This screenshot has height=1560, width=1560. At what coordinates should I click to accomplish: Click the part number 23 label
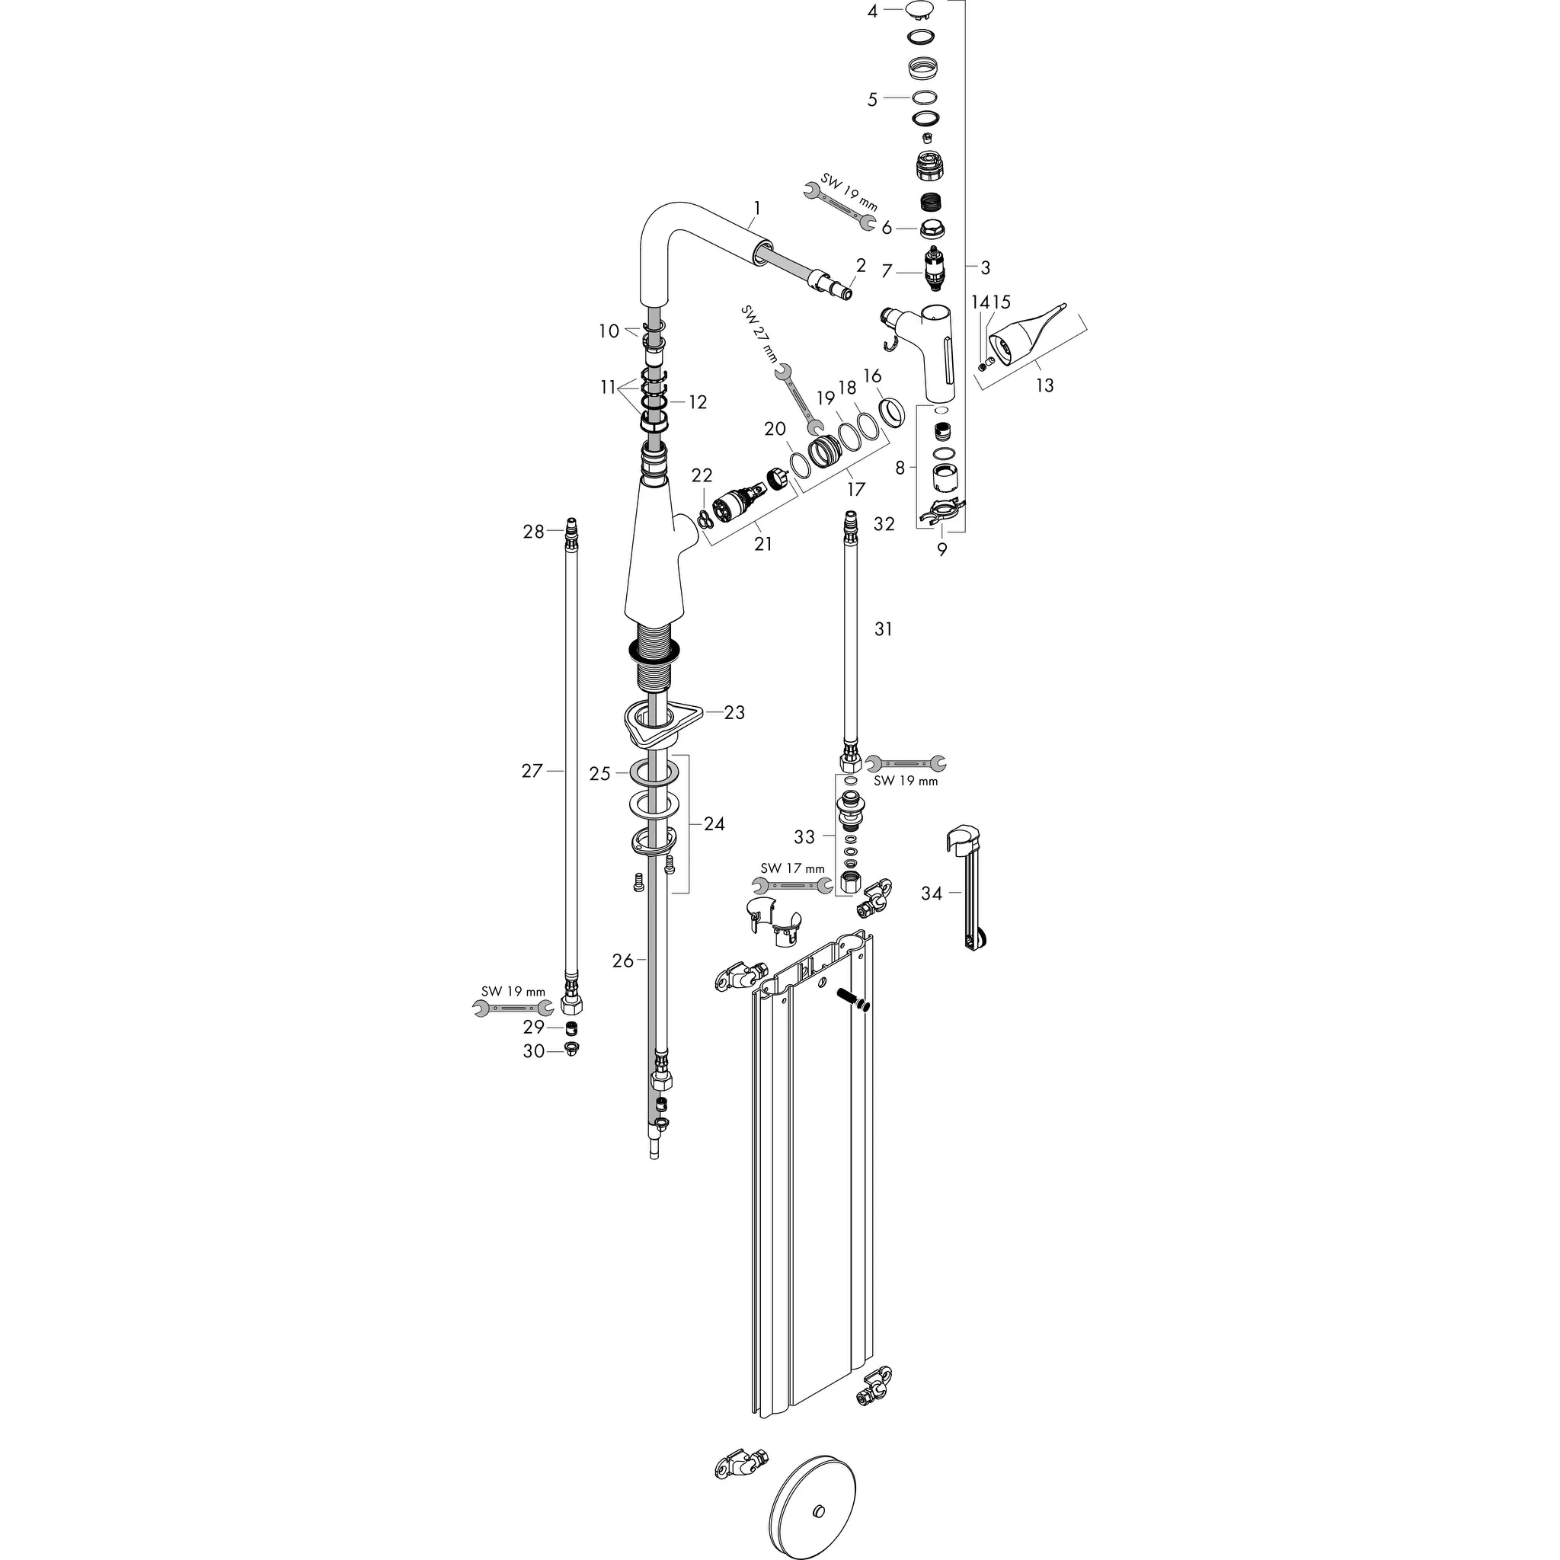point(734,712)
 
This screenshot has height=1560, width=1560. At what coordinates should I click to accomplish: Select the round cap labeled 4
point(919,10)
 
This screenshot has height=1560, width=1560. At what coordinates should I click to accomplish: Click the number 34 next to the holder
point(932,893)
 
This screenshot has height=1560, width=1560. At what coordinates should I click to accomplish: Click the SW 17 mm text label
point(792,868)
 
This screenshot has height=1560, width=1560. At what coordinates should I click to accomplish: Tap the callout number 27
point(532,771)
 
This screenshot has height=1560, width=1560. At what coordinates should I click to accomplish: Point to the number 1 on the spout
point(756,207)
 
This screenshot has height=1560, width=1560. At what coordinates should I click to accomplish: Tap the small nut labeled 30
point(572,1050)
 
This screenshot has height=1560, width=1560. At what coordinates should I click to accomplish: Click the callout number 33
point(804,836)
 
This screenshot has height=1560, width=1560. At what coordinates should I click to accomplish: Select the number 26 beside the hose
point(622,961)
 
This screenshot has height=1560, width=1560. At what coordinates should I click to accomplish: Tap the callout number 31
point(884,628)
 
